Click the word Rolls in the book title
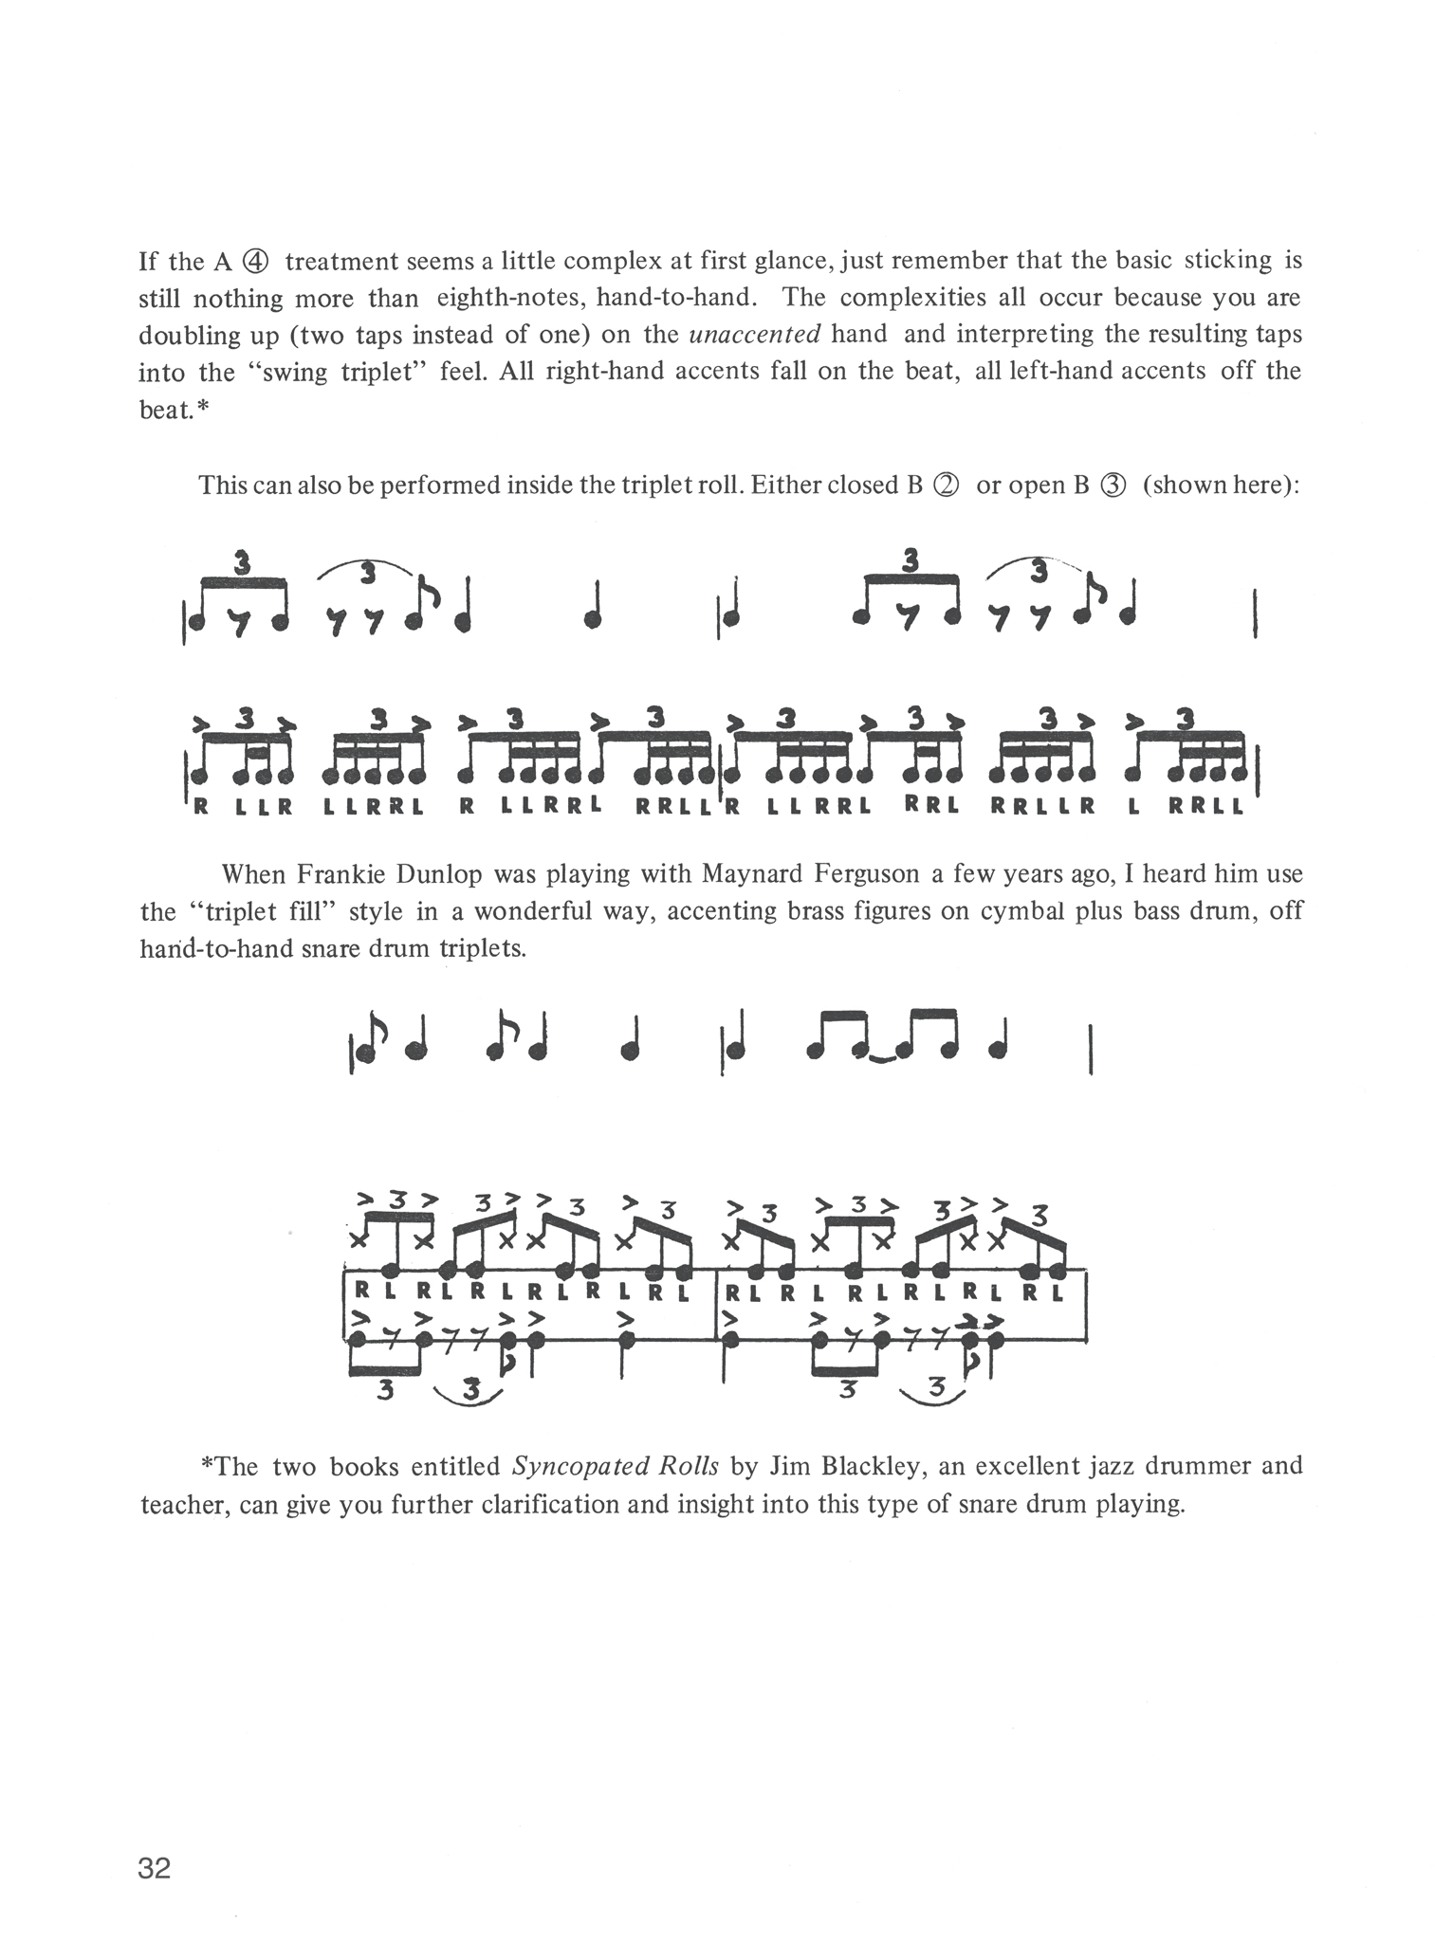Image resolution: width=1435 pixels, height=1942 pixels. [x=689, y=1466]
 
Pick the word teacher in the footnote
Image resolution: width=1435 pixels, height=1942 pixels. [x=183, y=1504]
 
